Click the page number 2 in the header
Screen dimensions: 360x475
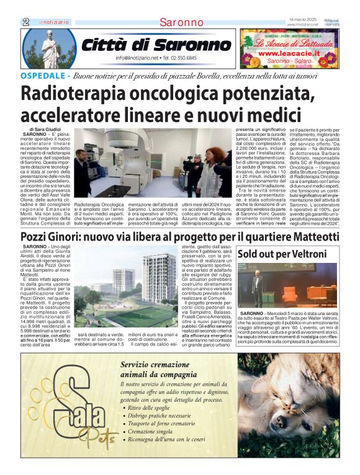(25, 22)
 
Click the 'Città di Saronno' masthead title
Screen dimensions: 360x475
(156, 45)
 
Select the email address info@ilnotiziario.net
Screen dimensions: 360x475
(137, 58)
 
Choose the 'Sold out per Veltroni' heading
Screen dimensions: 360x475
(281, 254)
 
